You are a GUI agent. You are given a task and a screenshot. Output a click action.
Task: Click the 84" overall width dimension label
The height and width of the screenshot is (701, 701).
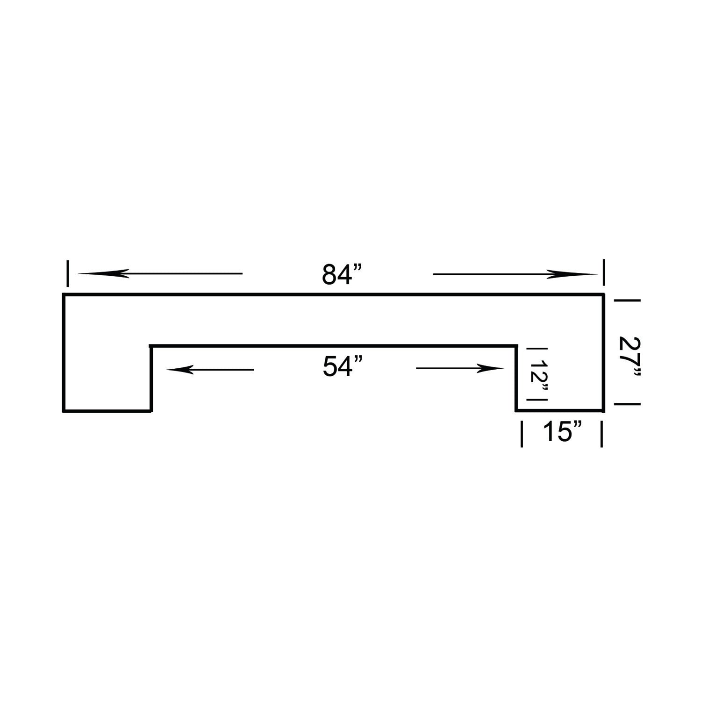(x=343, y=275)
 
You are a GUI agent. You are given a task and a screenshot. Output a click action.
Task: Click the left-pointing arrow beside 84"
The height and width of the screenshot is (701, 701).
(x=160, y=273)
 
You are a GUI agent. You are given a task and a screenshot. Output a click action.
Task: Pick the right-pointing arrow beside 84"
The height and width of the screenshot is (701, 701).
(x=515, y=274)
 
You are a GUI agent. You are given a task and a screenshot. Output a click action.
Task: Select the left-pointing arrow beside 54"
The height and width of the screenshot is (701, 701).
(x=210, y=370)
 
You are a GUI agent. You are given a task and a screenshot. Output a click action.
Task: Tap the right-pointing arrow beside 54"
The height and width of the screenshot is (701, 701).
(x=460, y=369)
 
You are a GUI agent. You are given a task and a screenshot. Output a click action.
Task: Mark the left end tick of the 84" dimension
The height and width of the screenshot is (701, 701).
(x=68, y=273)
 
